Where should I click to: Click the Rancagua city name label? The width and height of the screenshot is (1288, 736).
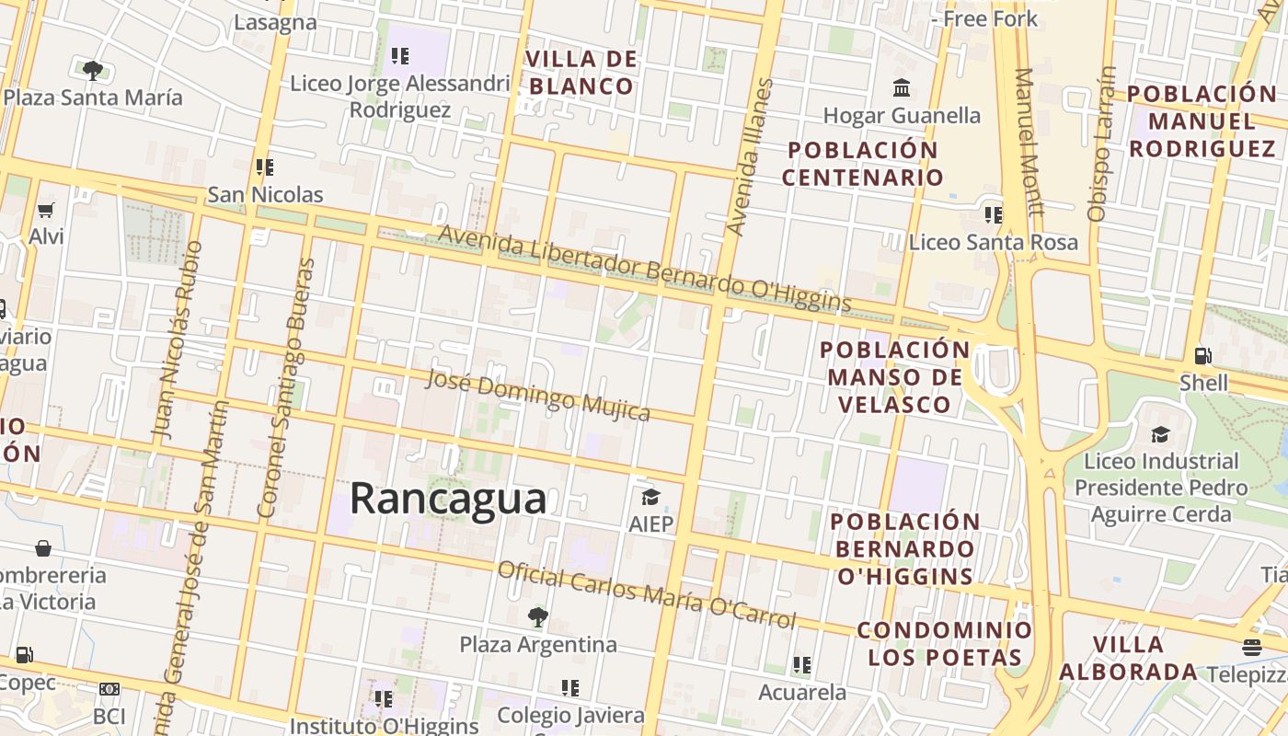click(448, 499)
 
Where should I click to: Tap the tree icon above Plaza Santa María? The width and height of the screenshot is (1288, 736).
click(92, 70)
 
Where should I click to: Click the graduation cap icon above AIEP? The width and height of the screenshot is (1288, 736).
click(650, 498)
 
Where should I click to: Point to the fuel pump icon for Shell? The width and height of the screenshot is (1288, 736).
click(1202, 355)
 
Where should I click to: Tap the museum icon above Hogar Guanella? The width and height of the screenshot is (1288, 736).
click(902, 88)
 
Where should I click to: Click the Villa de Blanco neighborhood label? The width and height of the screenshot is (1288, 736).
click(581, 73)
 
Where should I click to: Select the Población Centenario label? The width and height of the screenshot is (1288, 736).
click(862, 163)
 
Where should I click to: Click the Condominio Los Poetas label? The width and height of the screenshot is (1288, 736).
click(945, 644)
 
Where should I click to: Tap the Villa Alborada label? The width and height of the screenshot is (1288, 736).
click(1128, 658)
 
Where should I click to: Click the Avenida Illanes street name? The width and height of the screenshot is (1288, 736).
click(750, 156)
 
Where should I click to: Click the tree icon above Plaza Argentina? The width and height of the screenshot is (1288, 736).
click(538, 616)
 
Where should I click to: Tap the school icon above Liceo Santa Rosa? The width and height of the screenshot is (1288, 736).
click(993, 215)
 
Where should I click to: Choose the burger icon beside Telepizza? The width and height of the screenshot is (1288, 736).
click(1251, 648)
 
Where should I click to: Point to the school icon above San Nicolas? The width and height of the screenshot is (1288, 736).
click(265, 167)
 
